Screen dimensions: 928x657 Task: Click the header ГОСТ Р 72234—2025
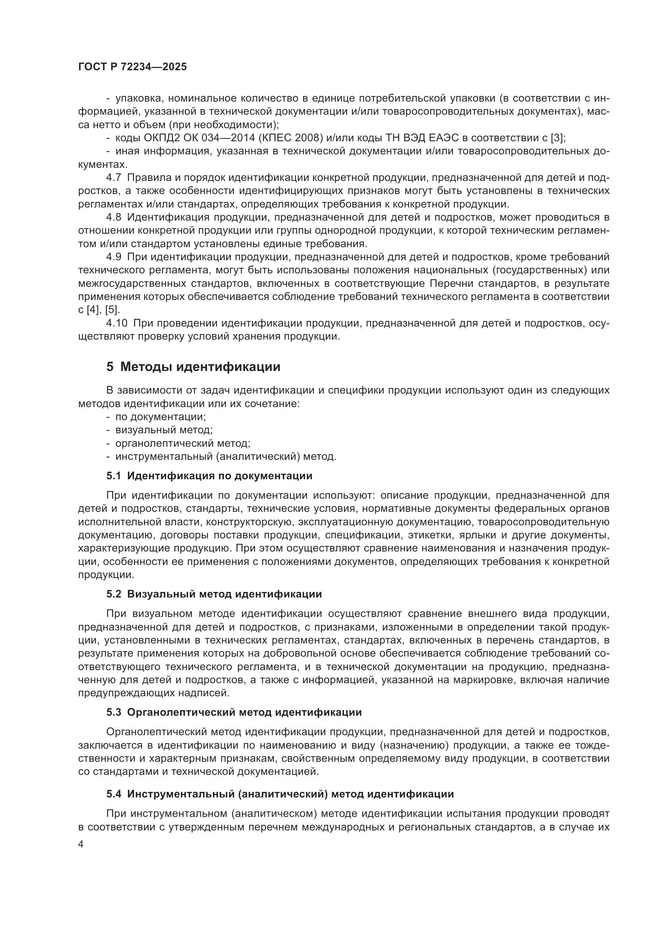tap(132, 67)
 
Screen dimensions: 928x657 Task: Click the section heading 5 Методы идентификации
tap(193, 367)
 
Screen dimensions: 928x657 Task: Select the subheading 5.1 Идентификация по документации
tap(210, 476)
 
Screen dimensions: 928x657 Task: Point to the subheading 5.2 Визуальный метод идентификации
tap(214, 594)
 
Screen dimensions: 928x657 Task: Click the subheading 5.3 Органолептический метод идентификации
tap(234, 712)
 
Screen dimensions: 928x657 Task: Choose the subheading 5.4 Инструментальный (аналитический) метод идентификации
tap(280, 794)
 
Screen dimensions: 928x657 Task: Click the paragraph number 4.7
tap(114, 178)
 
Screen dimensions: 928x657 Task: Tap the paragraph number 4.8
tap(114, 217)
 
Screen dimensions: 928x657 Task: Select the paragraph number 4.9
tap(114, 257)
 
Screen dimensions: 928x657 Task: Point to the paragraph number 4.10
tap(116, 323)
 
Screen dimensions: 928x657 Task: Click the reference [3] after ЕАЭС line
tap(557, 138)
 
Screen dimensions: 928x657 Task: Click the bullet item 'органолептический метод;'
tap(183, 444)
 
